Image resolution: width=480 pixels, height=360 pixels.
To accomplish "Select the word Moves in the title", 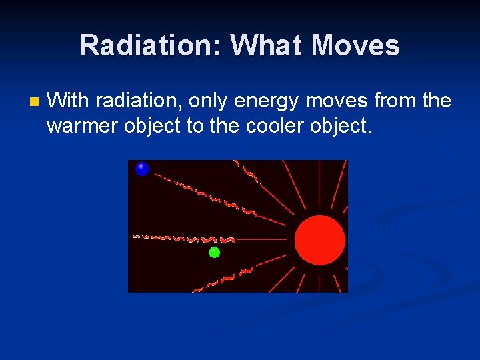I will click(x=355, y=45).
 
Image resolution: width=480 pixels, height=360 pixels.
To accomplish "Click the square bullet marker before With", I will click(x=34, y=103).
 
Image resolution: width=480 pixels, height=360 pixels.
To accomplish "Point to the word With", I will click(x=68, y=101).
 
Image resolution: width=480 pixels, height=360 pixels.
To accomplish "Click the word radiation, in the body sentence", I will click(x=139, y=101).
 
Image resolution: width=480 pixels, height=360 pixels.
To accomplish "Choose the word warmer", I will click(x=83, y=125).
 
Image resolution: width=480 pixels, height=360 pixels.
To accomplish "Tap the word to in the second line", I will click(x=195, y=125).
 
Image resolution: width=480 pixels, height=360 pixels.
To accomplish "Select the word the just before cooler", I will click(x=225, y=125).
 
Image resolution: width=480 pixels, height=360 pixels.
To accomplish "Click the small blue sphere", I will click(x=142, y=169).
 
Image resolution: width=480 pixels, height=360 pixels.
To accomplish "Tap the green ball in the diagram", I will click(x=214, y=252).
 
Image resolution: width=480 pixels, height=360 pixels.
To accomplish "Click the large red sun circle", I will click(x=320, y=240).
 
